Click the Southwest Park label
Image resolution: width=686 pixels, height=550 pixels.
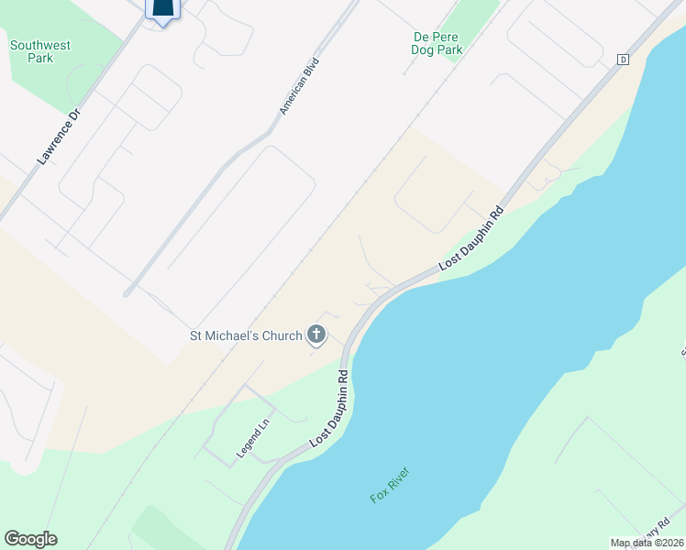click(x=40, y=51)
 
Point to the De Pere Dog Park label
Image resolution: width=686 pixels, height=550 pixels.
click(x=437, y=43)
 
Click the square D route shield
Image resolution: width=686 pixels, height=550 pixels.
click(x=623, y=60)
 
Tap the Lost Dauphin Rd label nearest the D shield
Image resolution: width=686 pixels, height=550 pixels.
click(x=471, y=237)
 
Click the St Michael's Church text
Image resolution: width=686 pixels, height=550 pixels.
click(x=245, y=335)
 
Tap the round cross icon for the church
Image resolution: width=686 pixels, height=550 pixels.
click(x=316, y=335)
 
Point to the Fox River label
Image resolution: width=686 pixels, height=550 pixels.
click(x=390, y=484)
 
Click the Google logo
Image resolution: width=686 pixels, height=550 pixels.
click(x=30, y=539)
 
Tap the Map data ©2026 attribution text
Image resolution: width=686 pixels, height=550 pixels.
click(x=647, y=543)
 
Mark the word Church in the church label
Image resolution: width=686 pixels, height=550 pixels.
click(x=282, y=335)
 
